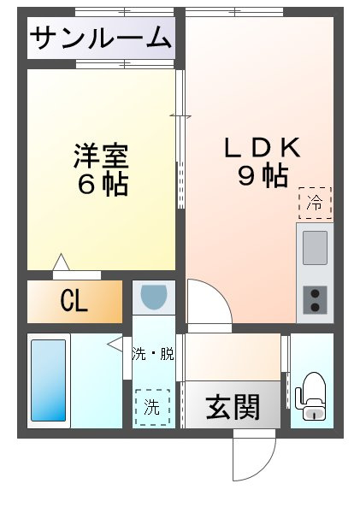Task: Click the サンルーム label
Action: [x=101, y=38]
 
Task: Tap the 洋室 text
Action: [x=101, y=156]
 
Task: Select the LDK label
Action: [x=263, y=147]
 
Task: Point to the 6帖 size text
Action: [x=101, y=184]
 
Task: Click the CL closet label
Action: [x=74, y=302]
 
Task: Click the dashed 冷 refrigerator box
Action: [x=315, y=203]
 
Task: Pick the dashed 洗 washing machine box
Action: [x=152, y=408]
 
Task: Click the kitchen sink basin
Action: [x=314, y=248]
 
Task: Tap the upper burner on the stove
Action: [x=314, y=294]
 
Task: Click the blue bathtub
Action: [x=48, y=380]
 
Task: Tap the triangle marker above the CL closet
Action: [x=60, y=262]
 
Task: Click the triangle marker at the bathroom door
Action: [x=115, y=344]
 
